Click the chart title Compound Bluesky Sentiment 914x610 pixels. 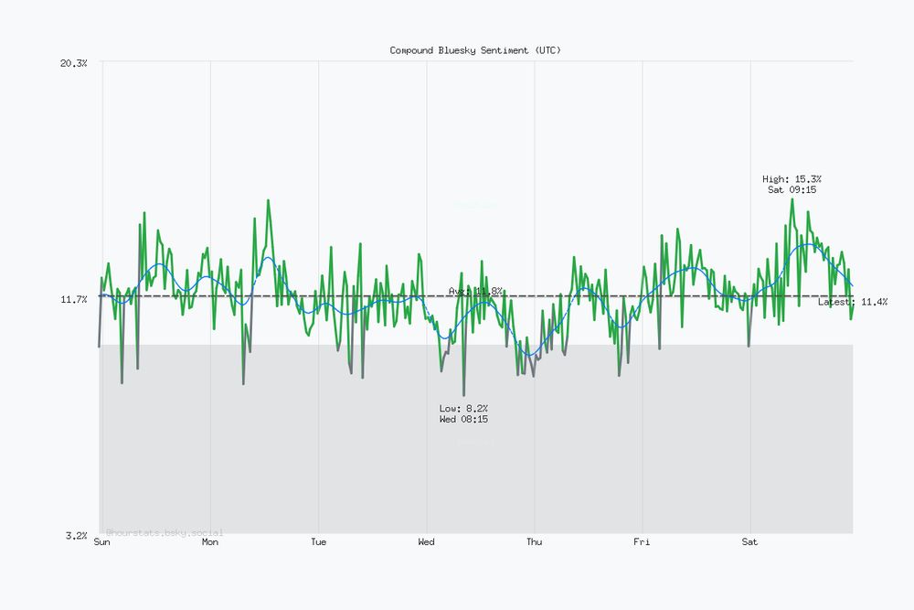pyautogui.click(x=475, y=50)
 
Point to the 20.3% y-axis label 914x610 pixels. pyautogui.click(x=73, y=63)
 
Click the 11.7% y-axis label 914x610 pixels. pyautogui.click(x=73, y=299)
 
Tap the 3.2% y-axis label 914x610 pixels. pyautogui.click(x=75, y=535)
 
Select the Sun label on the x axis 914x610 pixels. pyautogui.click(x=102, y=542)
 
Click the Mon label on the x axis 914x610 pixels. pyautogui.click(x=210, y=542)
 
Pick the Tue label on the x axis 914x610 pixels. pyautogui.click(x=318, y=542)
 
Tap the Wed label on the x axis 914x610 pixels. pyautogui.click(x=426, y=542)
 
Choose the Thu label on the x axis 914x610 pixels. pyautogui.click(x=534, y=542)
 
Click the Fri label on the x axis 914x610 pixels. pyautogui.click(x=642, y=542)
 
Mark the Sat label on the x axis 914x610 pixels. pyautogui.click(x=749, y=542)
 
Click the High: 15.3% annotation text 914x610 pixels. pyautogui.click(x=792, y=179)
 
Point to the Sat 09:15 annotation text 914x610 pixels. pyautogui.click(x=792, y=190)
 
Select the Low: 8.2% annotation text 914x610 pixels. pyautogui.click(x=463, y=408)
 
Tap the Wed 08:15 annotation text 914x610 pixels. pyautogui.click(x=463, y=419)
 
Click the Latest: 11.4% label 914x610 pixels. pyautogui.click(x=852, y=302)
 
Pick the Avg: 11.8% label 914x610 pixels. pyautogui.click(x=475, y=291)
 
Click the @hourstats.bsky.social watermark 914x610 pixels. pyautogui.click(x=165, y=532)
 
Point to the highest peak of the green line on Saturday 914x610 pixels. pyautogui.click(x=792, y=199)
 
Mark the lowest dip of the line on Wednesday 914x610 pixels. pyautogui.click(x=463, y=394)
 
